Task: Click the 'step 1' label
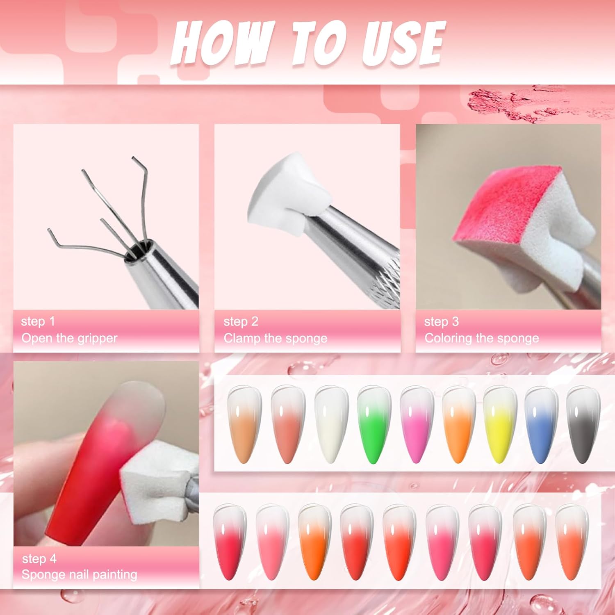pos(38,321)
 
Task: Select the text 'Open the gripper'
pos(69,338)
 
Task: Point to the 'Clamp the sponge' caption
pos(276,338)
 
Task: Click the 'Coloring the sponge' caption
pos(482,338)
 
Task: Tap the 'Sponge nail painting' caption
pos(79,574)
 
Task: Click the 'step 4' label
pos(39,558)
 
